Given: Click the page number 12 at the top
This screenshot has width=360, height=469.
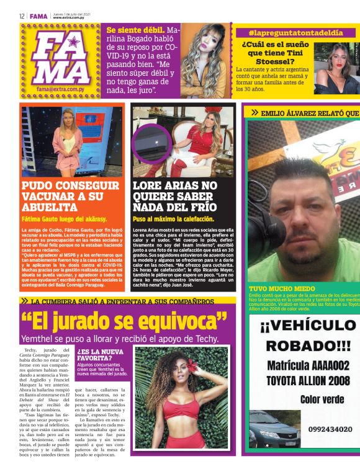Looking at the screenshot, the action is pos(21,16).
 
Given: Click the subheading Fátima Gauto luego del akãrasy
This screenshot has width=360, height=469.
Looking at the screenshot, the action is pos(64,219).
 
